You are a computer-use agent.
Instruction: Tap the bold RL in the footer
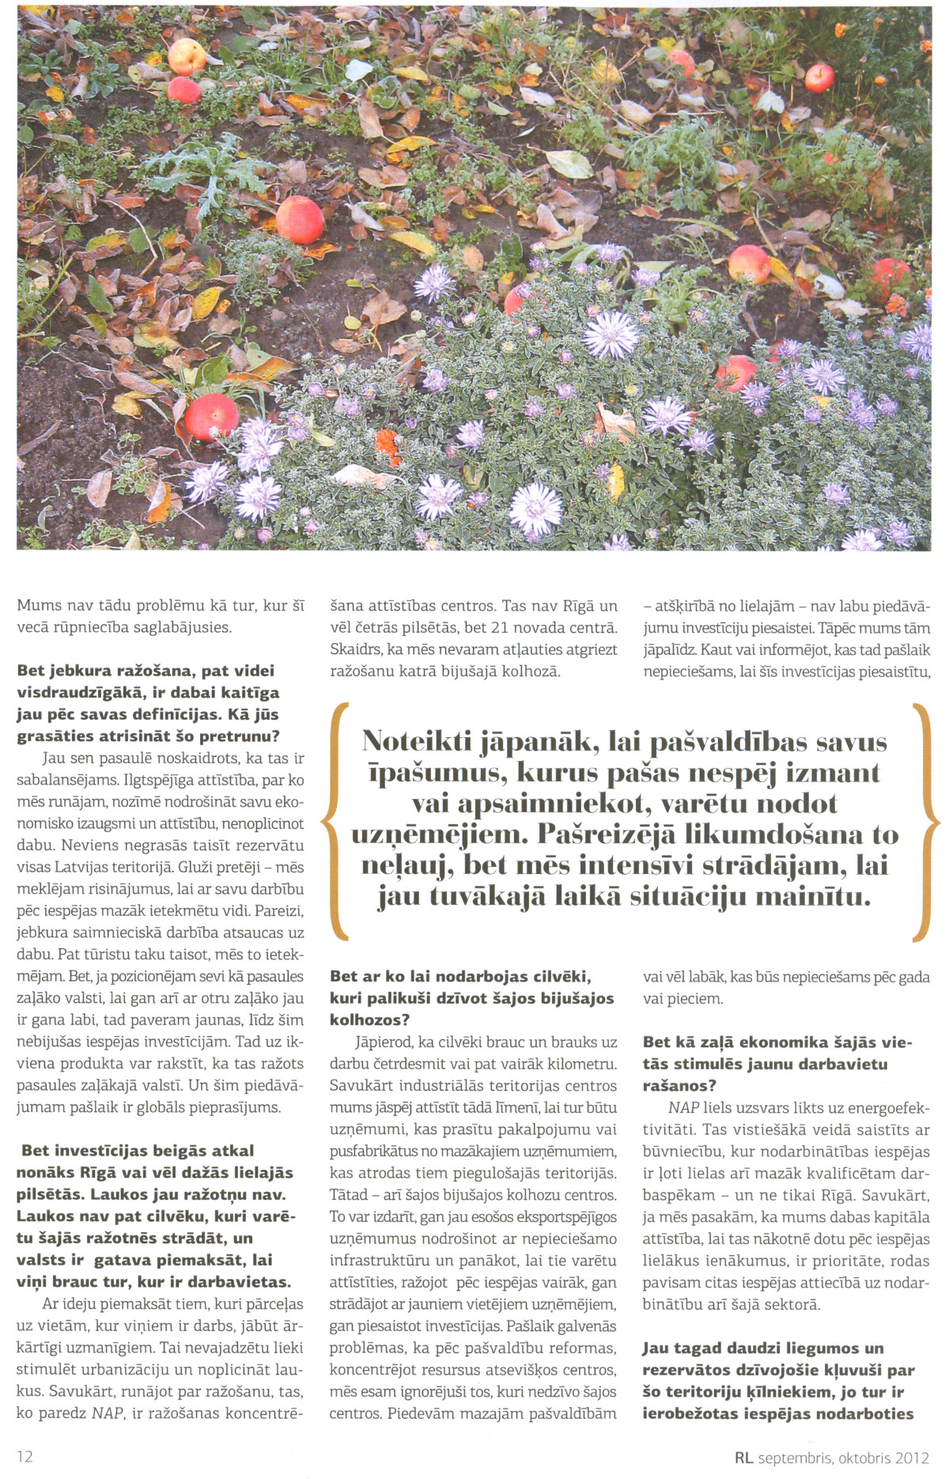[x=743, y=1458]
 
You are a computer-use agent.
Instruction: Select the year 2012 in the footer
[x=913, y=1458]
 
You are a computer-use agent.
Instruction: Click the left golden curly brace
[x=335, y=822]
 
